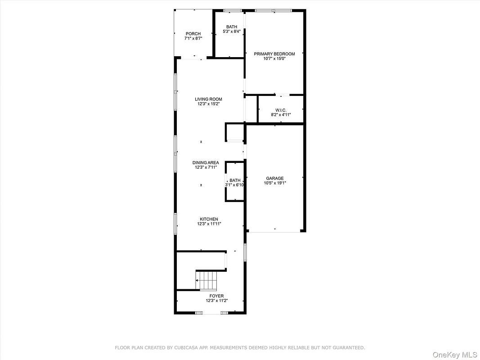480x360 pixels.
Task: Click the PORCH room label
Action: (193, 34)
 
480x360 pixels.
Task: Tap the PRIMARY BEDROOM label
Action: (274, 54)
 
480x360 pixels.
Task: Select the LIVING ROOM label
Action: (208, 99)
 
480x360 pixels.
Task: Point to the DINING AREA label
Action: (206, 162)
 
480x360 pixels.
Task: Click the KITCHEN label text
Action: (209, 219)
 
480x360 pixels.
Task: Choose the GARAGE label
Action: (275, 178)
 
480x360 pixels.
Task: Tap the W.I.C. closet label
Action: (281, 110)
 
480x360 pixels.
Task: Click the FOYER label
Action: (217, 296)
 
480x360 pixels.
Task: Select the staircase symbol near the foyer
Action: (206, 281)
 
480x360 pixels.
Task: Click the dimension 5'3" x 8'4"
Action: (232, 31)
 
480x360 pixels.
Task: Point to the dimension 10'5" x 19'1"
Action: (275, 183)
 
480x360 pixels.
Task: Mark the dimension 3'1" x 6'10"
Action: (235, 185)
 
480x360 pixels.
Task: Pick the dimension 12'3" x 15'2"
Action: (208, 104)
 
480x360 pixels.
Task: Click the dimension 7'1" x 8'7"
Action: (193, 39)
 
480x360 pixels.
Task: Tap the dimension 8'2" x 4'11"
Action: (281, 115)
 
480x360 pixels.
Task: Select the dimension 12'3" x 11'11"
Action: (209, 224)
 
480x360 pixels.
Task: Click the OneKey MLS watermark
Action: (455, 355)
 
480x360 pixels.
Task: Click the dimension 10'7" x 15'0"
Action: (274, 59)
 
